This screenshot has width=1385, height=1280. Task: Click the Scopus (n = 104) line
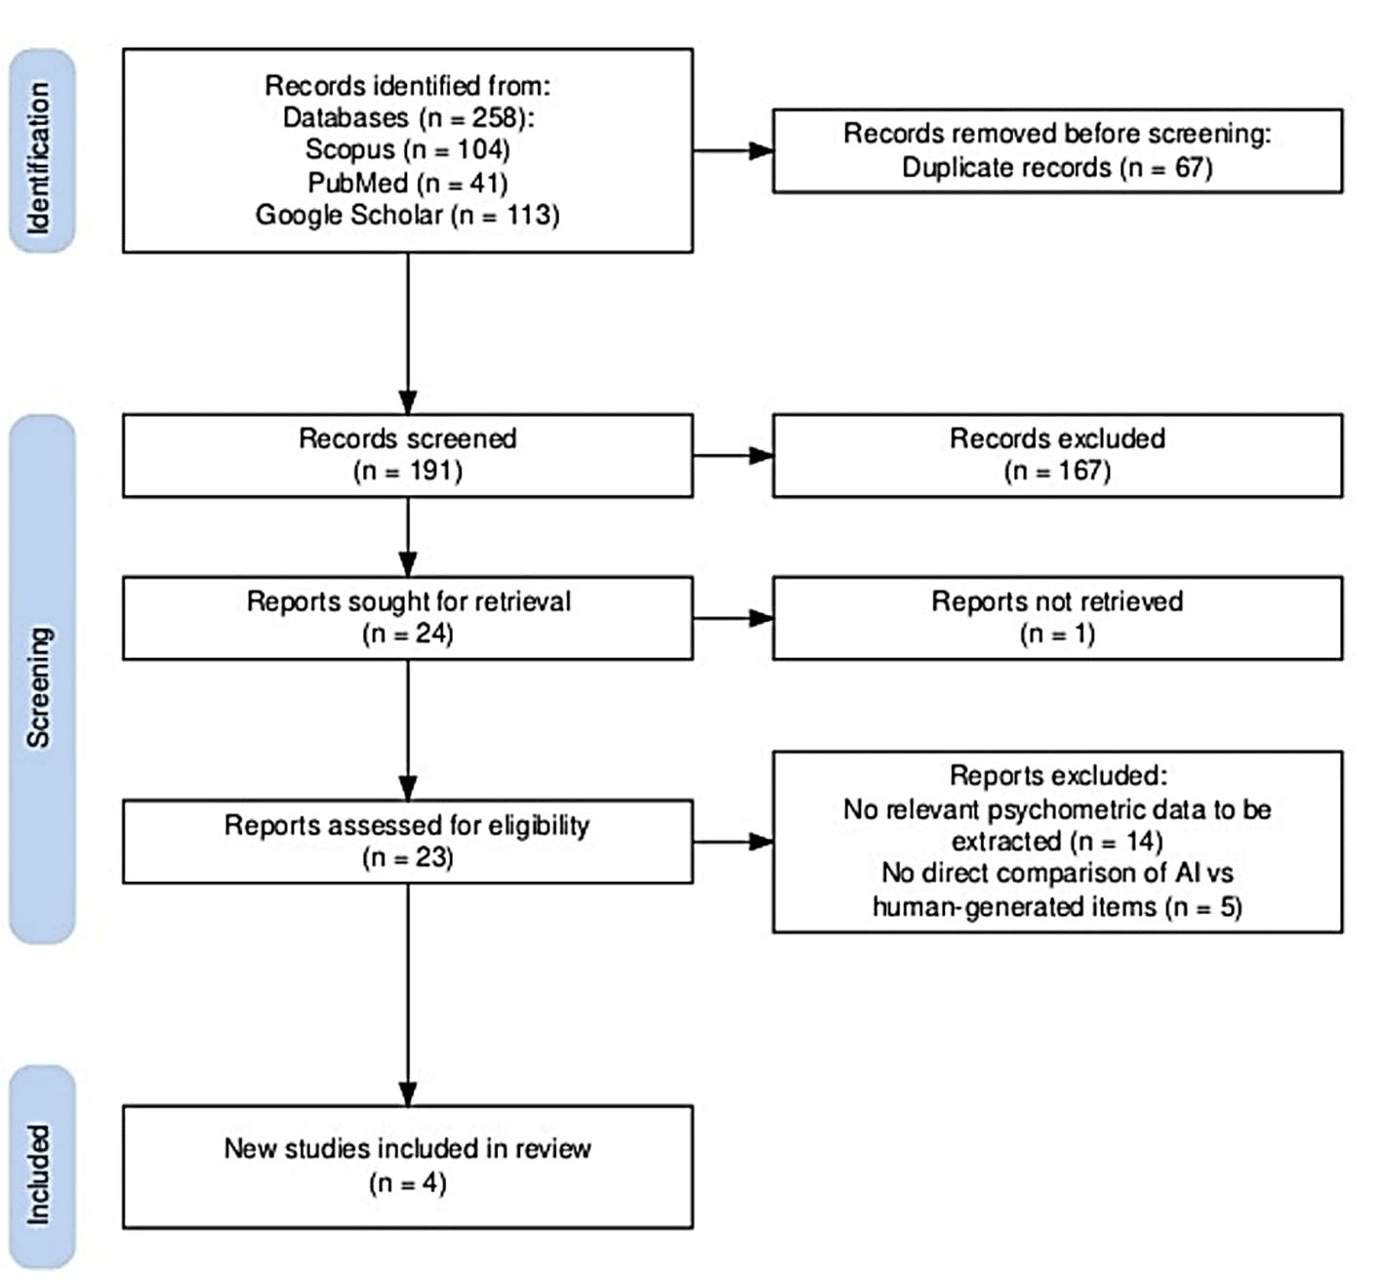(408, 149)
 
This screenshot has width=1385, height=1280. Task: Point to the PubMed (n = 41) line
(408, 183)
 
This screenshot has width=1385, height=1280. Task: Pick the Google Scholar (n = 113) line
(408, 215)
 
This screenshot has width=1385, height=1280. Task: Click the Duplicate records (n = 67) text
(1057, 168)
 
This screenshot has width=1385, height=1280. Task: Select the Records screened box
(408, 456)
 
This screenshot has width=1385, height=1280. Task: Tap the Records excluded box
(1057, 456)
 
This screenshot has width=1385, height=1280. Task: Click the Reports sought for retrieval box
(408, 618)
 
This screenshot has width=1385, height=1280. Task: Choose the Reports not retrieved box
(1057, 618)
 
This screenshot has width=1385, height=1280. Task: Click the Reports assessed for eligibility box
(408, 842)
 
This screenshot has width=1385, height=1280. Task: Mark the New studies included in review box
(408, 1167)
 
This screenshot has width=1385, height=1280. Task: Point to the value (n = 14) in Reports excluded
(1120, 842)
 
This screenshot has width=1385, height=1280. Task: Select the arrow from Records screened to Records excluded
(733, 456)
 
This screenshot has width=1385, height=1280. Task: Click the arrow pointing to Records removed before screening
(733, 150)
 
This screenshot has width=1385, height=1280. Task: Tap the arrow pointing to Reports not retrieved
(733, 618)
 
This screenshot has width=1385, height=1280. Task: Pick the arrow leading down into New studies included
(408, 995)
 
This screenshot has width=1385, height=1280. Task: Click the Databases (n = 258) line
(408, 117)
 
